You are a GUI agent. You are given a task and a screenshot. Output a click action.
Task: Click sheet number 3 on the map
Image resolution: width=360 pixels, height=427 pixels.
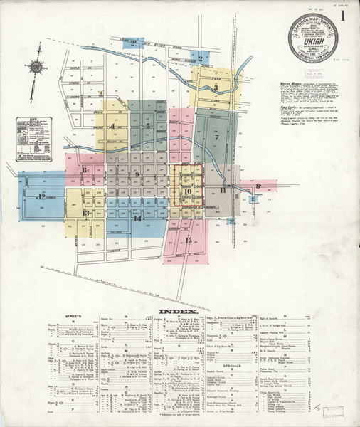[x=216, y=88]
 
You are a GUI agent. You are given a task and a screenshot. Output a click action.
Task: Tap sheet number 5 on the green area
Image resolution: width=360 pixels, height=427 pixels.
[x=148, y=126]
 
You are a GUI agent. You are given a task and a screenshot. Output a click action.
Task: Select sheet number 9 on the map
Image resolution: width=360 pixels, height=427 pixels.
[x=137, y=174]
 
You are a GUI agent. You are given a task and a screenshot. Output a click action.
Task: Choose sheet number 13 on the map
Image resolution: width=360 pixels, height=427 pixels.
[x=85, y=213]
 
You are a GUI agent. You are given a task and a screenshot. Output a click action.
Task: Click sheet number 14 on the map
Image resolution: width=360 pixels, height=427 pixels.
[x=137, y=218]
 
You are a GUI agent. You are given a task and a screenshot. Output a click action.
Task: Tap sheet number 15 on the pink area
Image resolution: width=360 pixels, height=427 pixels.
[x=189, y=241]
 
